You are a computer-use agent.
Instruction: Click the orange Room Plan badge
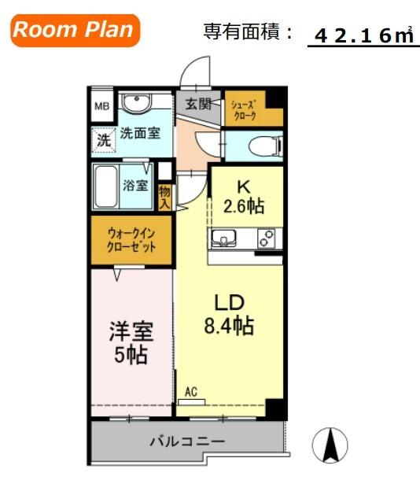click(76, 30)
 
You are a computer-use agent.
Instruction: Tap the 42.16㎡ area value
click(364, 35)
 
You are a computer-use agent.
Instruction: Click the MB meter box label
click(102, 106)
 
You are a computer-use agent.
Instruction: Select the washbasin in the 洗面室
click(136, 102)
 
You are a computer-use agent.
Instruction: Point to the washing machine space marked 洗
click(104, 140)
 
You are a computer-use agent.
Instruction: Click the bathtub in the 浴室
click(106, 187)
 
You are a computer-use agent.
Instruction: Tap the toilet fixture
click(265, 146)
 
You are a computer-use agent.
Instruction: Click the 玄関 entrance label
click(198, 104)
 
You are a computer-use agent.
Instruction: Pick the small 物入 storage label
click(165, 198)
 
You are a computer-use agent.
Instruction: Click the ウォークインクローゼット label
click(131, 240)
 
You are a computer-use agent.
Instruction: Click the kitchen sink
click(223, 238)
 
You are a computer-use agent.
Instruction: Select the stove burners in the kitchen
click(267, 238)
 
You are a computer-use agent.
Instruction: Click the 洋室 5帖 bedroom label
click(131, 342)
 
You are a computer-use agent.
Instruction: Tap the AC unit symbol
click(192, 402)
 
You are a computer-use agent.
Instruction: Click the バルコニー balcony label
click(187, 442)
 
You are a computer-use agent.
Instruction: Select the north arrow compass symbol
click(330, 445)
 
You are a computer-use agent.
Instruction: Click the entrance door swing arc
click(189, 65)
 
